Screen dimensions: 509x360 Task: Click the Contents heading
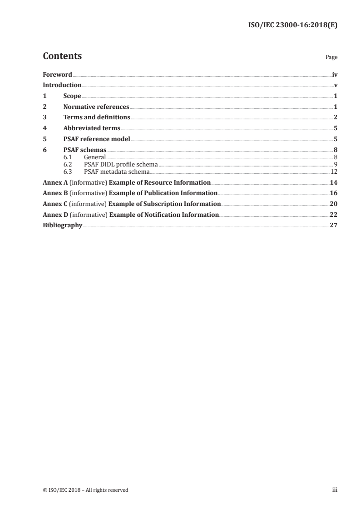click(62, 56)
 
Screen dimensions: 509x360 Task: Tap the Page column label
click(331, 58)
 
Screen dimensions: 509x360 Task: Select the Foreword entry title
click(57, 74)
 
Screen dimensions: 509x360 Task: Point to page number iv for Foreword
click(335, 74)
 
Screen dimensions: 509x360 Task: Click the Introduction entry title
click(62, 85)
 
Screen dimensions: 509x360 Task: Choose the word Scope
click(72, 96)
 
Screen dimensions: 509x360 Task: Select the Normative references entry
click(96, 107)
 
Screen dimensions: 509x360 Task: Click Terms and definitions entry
click(97, 117)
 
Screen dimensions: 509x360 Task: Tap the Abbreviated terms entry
click(92, 128)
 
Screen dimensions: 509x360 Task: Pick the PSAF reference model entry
click(97, 139)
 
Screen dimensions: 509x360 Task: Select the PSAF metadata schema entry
click(117, 171)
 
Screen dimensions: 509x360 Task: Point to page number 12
click(334, 171)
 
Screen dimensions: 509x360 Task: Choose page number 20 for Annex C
click(334, 204)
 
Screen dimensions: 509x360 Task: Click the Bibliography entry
click(62, 225)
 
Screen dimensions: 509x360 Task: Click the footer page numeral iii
click(335, 489)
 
